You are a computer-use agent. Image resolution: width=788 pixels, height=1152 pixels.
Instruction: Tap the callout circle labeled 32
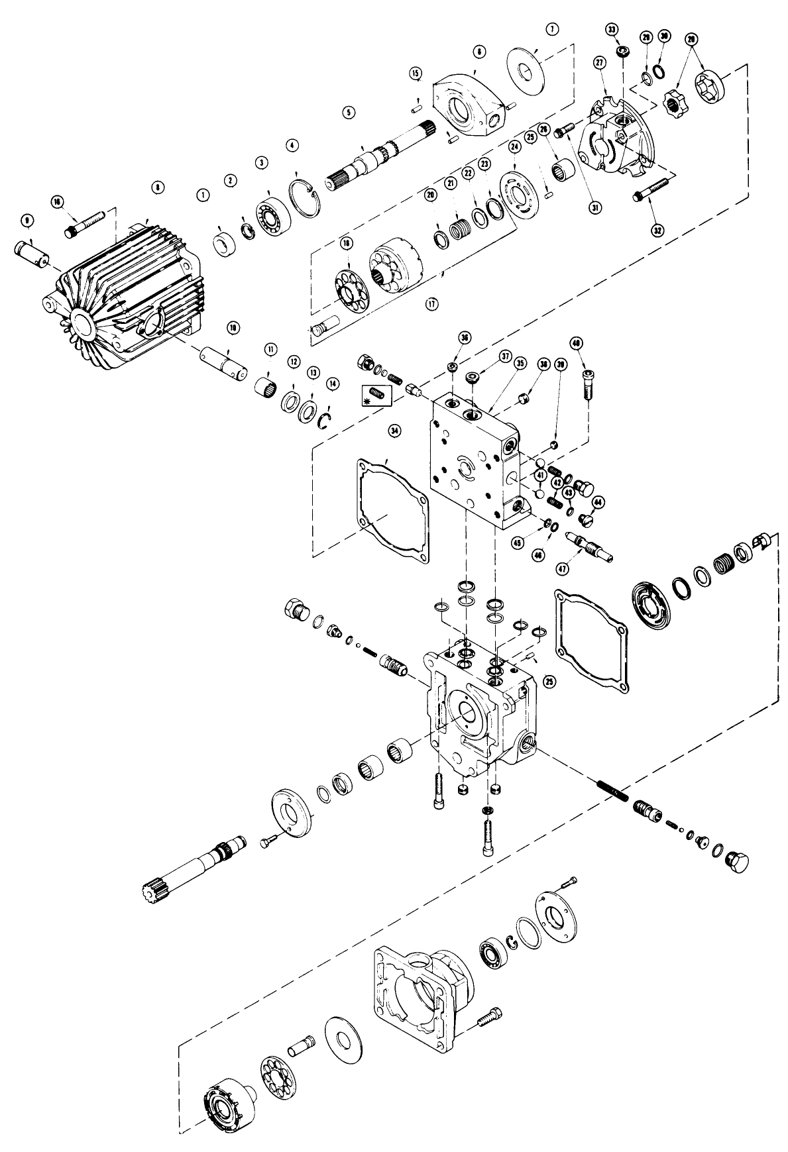(x=657, y=231)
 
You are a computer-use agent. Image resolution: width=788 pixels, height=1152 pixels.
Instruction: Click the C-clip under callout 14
(x=324, y=421)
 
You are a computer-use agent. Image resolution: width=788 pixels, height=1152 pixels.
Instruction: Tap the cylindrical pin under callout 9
(x=30, y=253)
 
